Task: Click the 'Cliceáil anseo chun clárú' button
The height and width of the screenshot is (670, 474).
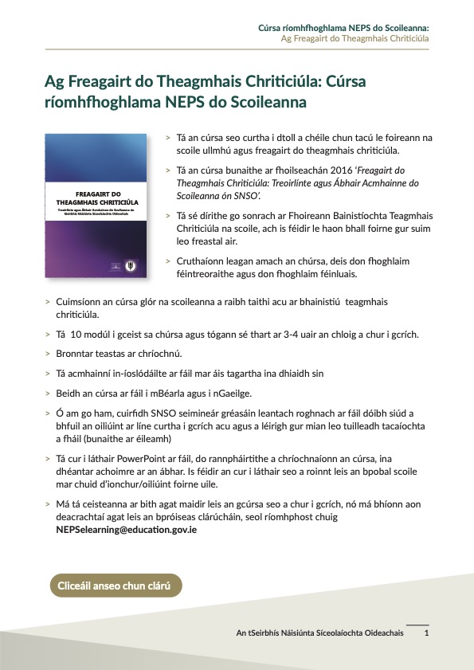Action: click(116, 586)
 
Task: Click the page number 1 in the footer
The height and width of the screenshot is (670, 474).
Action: click(427, 633)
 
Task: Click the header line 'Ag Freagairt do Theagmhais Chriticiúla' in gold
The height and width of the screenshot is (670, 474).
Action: click(355, 38)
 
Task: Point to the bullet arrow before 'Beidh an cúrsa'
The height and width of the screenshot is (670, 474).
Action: click(49, 392)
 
